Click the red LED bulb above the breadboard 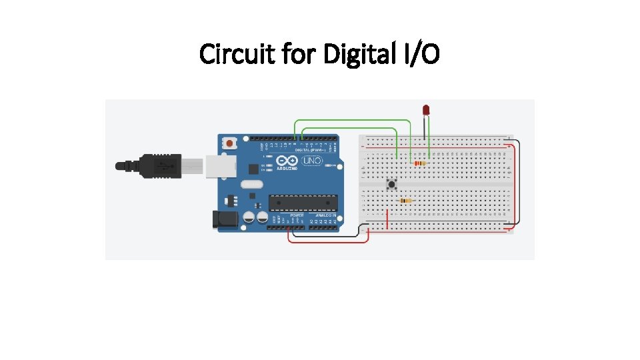[x=427, y=109]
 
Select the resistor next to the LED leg [x=419, y=163]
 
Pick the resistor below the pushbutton [x=405, y=200]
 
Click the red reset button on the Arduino [x=230, y=143]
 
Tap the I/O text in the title [x=421, y=55]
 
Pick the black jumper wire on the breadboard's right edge [x=519, y=180]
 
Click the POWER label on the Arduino [x=297, y=216]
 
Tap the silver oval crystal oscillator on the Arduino [x=248, y=187]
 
